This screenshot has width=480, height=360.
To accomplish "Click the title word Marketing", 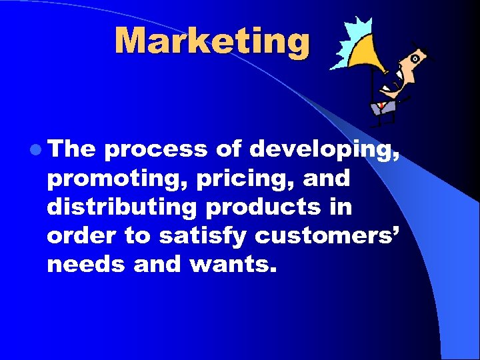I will (212, 41).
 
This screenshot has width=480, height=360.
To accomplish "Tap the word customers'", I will (326, 237).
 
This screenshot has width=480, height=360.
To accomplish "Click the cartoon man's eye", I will (415, 59).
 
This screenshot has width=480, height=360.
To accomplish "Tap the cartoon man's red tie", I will (381, 105).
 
